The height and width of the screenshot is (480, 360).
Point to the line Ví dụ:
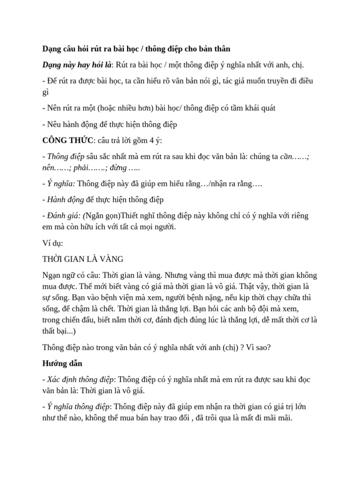coord(52,244)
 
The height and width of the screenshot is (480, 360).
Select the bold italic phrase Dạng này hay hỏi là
coord(77,64)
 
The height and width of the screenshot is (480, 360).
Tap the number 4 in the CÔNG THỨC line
coord(149,140)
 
